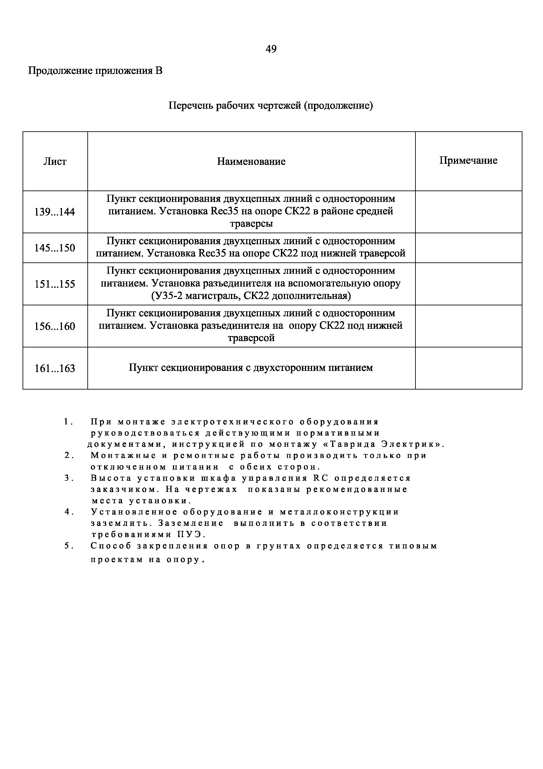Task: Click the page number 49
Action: coord(271,49)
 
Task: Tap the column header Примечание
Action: coord(468,160)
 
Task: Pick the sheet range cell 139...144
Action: coord(55,212)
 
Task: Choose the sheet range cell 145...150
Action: coord(55,248)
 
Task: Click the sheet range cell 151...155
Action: coord(55,284)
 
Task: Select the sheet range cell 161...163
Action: coord(55,369)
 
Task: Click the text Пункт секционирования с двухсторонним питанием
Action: coord(251,368)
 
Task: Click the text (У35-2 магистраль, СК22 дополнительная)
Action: coord(251,296)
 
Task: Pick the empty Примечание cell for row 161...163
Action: coord(468,368)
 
